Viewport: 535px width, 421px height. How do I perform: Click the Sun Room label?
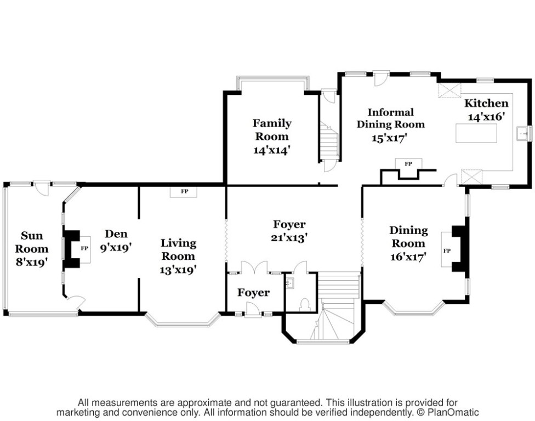click(35, 242)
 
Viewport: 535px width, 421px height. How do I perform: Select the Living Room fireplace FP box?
click(185, 191)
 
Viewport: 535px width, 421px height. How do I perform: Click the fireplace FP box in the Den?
click(84, 248)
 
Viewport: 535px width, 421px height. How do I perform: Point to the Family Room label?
click(271, 129)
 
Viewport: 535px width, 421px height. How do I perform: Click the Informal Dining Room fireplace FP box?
click(408, 164)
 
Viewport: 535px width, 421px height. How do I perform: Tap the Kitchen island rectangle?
click(477, 133)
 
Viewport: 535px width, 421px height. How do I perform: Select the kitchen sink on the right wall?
click(524, 132)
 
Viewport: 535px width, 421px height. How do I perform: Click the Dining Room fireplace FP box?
click(447, 251)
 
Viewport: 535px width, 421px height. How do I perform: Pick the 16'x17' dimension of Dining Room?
click(408, 255)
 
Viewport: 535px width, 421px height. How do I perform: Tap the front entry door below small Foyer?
click(252, 310)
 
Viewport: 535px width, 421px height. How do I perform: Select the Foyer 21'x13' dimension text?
click(289, 238)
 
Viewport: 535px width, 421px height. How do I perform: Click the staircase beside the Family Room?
click(327, 142)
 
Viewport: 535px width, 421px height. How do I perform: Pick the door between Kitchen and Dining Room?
click(451, 180)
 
